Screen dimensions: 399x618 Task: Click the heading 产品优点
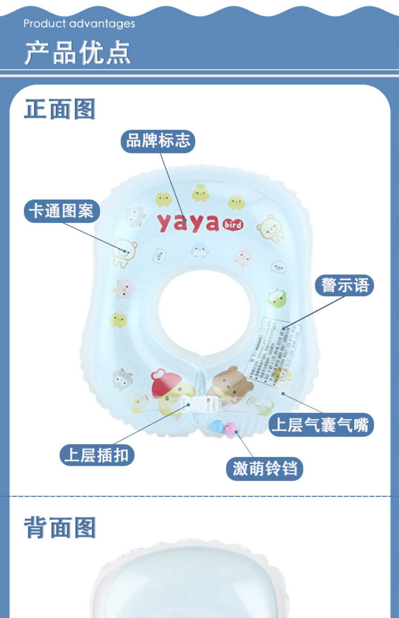pyautogui.click(x=78, y=52)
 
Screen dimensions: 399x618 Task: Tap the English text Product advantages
pyautogui.click(x=79, y=24)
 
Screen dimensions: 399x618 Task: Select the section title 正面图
pyautogui.click(x=60, y=109)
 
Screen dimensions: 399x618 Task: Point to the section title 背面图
pyautogui.click(x=60, y=528)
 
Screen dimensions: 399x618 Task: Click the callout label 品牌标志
pyautogui.click(x=158, y=141)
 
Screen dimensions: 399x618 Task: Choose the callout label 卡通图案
pyautogui.click(x=62, y=211)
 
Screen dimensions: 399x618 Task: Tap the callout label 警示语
pyautogui.click(x=344, y=285)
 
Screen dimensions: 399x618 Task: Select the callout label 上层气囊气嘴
pyautogui.click(x=321, y=425)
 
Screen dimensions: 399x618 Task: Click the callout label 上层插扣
pyautogui.click(x=97, y=455)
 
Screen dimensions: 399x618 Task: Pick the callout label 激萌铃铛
pyautogui.click(x=264, y=469)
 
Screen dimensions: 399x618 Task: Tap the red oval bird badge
pyautogui.click(x=233, y=225)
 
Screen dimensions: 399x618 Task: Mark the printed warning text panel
pyautogui.click(x=273, y=349)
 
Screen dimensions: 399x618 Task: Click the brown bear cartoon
pyautogui.click(x=230, y=383)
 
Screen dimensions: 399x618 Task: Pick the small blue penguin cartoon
pyautogui.click(x=199, y=250)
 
